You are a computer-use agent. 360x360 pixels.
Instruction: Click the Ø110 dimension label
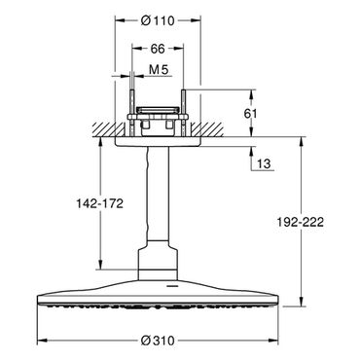(x=158, y=21)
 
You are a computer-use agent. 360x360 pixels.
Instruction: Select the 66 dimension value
(x=158, y=49)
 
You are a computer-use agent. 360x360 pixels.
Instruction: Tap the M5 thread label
(x=159, y=70)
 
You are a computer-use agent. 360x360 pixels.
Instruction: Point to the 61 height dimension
(x=250, y=114)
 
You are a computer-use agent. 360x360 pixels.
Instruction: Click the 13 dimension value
(x=265, y=163)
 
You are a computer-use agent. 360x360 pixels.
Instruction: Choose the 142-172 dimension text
(x=99, y=203)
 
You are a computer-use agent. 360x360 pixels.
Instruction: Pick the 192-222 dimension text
(x=300, y=222)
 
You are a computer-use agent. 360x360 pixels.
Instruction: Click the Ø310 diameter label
(x=158, y=341)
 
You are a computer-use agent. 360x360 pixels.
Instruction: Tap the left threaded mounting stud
(x=131, y=113)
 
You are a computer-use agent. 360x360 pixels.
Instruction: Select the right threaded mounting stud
(x=184, y=113)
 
